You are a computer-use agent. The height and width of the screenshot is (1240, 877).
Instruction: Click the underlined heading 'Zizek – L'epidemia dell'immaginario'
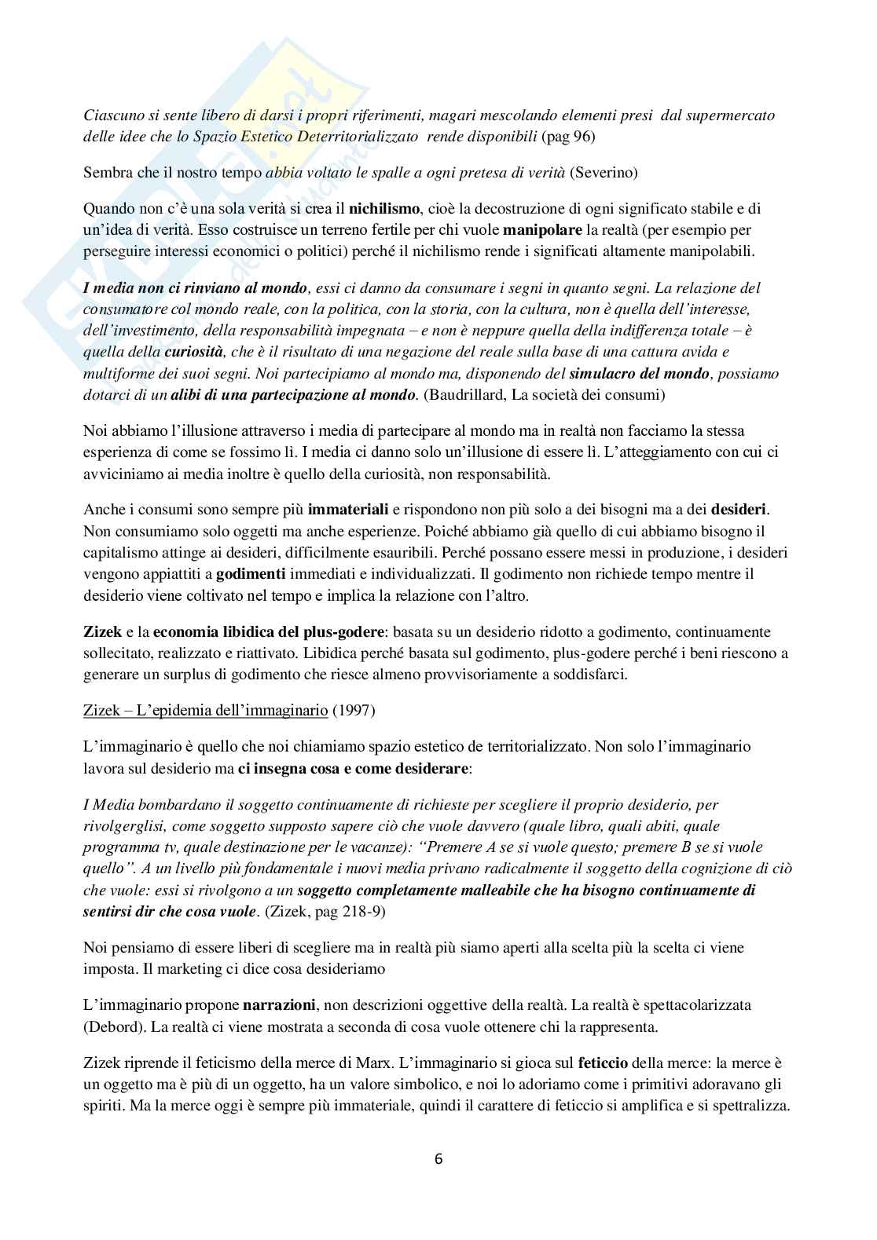(205, 711)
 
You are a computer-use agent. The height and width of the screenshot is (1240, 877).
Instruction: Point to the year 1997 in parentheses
(354, 711)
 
